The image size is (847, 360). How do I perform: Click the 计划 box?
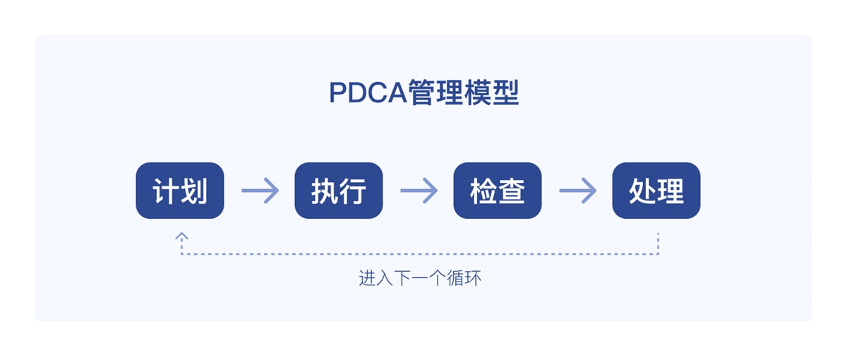pos(180,191)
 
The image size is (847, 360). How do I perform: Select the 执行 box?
pos(339,191)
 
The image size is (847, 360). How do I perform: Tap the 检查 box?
pos(498,191)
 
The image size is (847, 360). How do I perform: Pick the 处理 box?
pos(656,191)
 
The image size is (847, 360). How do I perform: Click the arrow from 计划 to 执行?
pos(260,191)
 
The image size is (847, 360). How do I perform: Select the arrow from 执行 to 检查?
pos(419,191)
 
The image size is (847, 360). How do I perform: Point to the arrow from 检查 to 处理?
pos(577,191)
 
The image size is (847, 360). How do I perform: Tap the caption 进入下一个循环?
pos(420,278)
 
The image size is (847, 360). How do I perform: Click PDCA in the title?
pos(368,94)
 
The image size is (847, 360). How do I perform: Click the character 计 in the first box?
pos(166,191)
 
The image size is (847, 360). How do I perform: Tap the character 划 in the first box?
pos(193,191)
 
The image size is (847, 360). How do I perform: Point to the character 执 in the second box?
pos(325,191)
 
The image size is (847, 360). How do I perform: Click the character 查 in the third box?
pos(512,191)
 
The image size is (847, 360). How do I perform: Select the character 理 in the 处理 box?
pos(671,191)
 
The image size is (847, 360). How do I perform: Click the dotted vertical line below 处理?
pos(658,244)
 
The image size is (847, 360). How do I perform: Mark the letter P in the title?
pos(337,94)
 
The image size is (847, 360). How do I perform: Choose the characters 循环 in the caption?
pos(464,278)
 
